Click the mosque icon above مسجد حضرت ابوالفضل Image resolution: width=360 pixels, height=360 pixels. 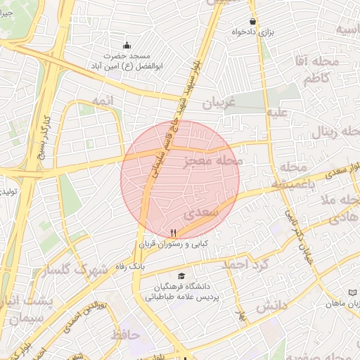[x=127, y=45]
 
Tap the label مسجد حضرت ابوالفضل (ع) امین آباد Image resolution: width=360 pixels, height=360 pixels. [x=127, y=60]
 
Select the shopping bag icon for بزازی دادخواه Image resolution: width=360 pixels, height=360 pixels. [x=252, y=22]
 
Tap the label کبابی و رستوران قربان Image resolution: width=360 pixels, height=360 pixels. [x=174, y=245]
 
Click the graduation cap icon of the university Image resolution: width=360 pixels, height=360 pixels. [x=182, y=276]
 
